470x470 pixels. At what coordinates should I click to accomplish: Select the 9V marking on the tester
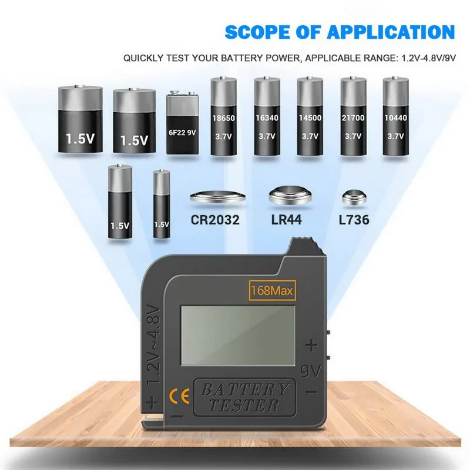(x=311, y=371)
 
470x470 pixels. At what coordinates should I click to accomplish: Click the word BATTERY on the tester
(x=246, y=389)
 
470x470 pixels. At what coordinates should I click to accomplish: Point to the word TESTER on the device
(x=246, y=405)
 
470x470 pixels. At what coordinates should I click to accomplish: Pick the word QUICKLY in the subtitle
(x=142, y=58)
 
